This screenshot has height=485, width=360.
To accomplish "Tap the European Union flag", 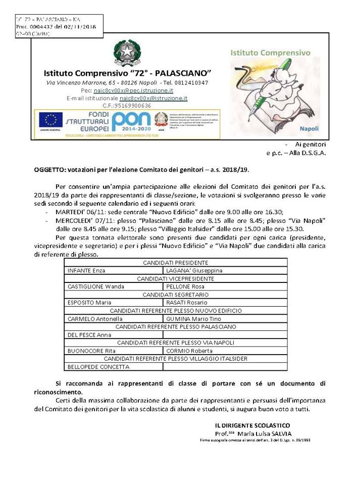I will [x=50, y=120].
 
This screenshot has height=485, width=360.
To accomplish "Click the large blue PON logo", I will [x=131, y=121].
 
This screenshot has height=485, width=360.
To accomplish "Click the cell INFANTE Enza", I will [x=86, y=270].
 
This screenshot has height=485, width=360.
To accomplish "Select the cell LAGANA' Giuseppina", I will [x=194, y=270].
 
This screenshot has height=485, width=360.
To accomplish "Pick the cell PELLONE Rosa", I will [x=186, y=286].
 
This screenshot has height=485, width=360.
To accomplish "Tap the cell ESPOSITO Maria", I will [x=89, y=303].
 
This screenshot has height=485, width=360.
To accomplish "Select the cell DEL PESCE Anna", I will [x=89, y=334].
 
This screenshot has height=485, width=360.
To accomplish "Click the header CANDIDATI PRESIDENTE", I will [x=176, y=263].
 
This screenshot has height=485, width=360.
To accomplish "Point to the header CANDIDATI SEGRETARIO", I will [x=176, y=295].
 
